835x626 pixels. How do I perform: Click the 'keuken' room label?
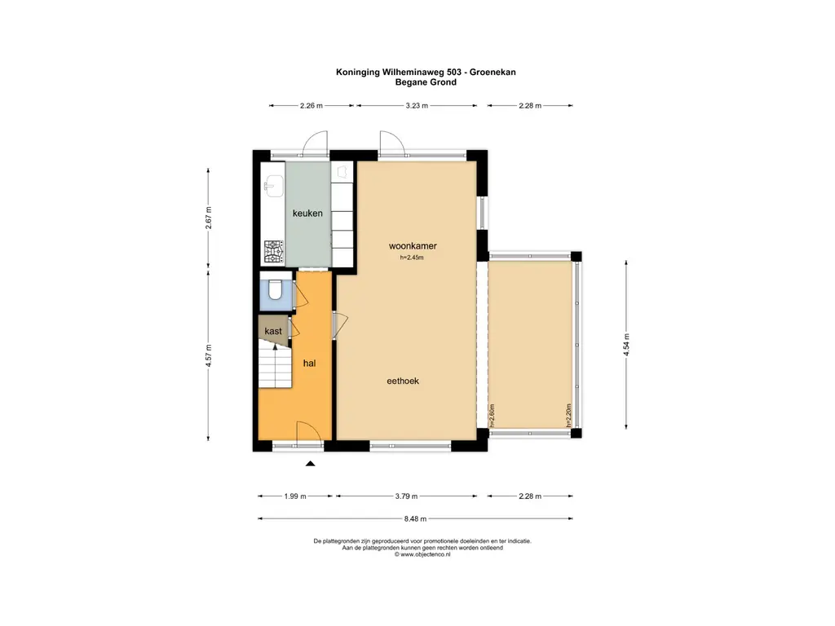tap(308, 214)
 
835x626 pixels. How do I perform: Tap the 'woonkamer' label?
tap(409, 245)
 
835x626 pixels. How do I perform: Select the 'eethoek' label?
tap(403, 380)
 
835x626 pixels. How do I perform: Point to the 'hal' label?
tap(310, 363)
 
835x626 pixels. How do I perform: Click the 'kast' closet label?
tap(273, 331)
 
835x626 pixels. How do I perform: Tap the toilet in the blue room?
tap(276, 289)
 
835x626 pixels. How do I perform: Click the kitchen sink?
tap(272, 186)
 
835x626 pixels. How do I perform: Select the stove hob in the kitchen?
tap(272, 249)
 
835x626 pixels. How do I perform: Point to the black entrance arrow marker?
tap(310, 465)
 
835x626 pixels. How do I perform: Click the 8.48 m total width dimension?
tap(415, 518)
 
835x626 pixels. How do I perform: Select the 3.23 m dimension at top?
tap(417, 105)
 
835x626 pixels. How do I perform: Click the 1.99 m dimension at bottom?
tap(295, 496)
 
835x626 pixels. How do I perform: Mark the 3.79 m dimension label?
tap(406, 496)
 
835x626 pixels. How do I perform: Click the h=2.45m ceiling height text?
tap(412, 258)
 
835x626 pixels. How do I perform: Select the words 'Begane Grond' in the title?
tap(425, 82)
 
